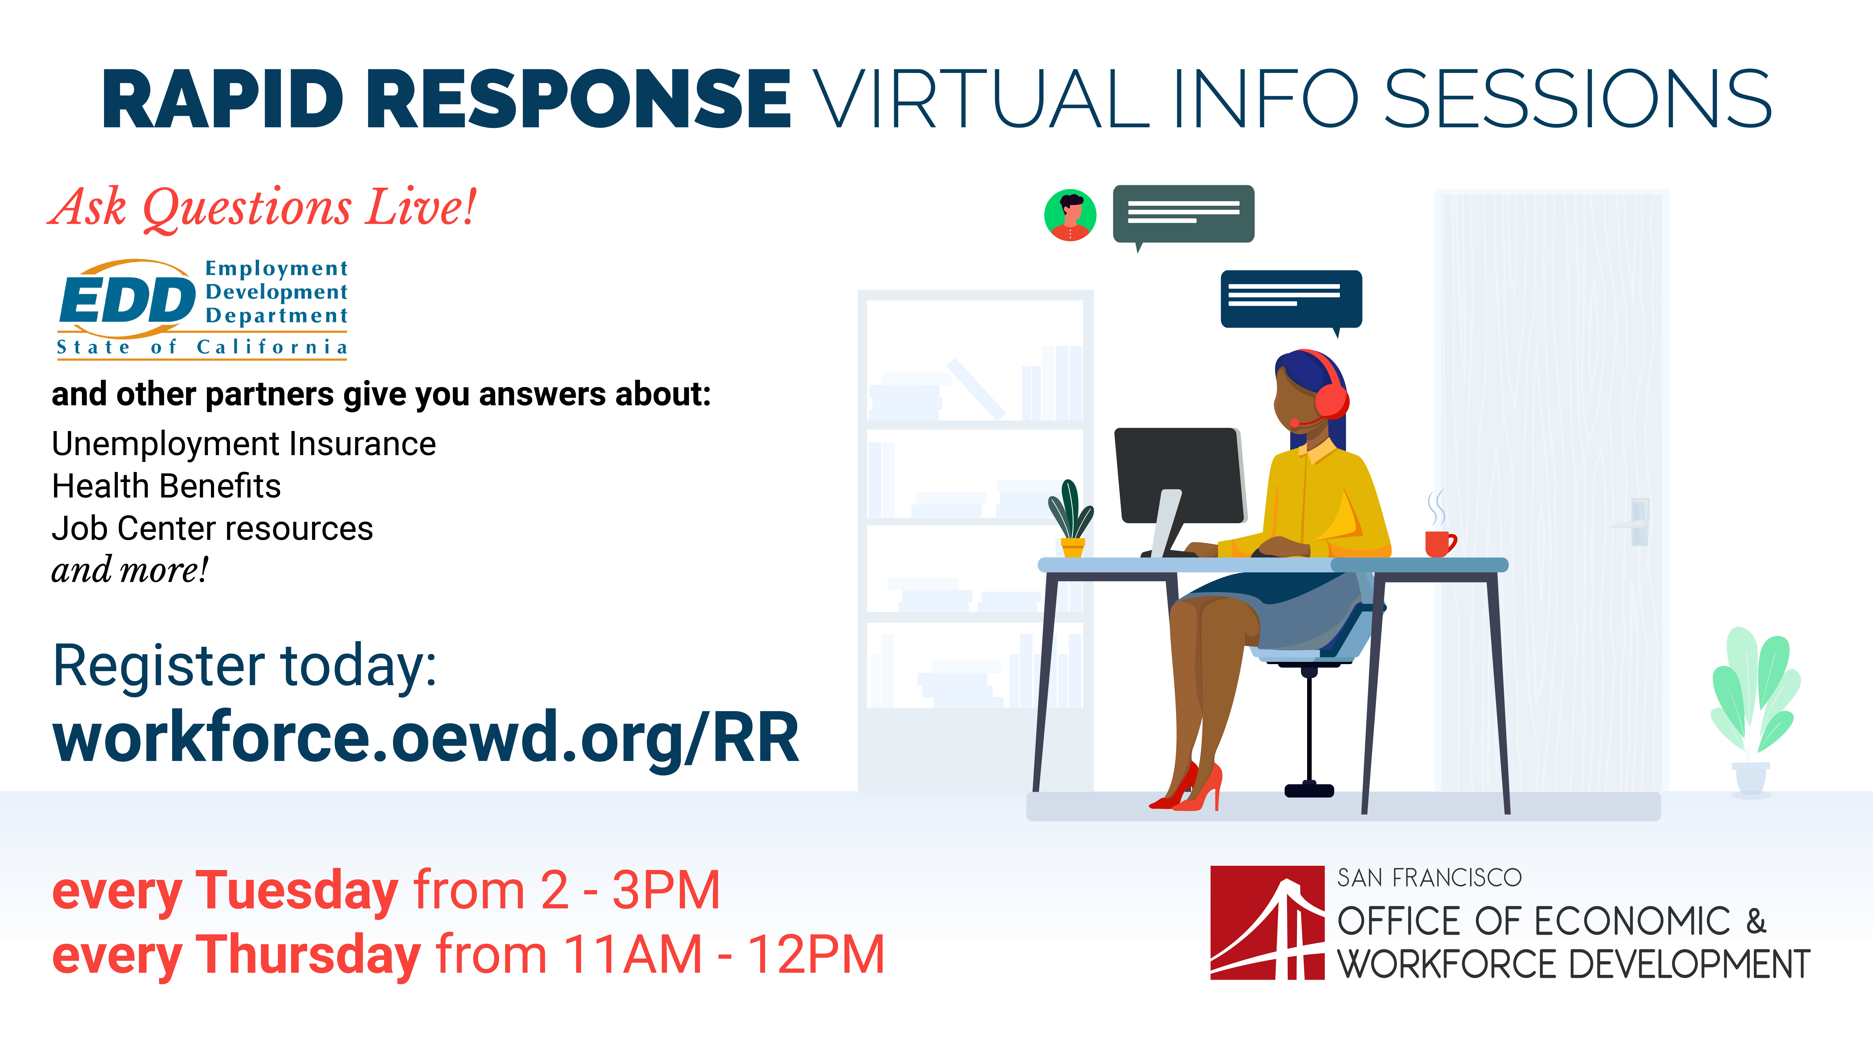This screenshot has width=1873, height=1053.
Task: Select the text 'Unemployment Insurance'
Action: (x=243, y=444)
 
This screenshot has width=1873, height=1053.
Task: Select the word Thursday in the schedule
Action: (x=310, y=956)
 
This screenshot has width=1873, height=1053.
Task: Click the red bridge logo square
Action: (x=1267, y=923)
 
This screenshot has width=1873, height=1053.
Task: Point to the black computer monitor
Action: (x=1179, y=476)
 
